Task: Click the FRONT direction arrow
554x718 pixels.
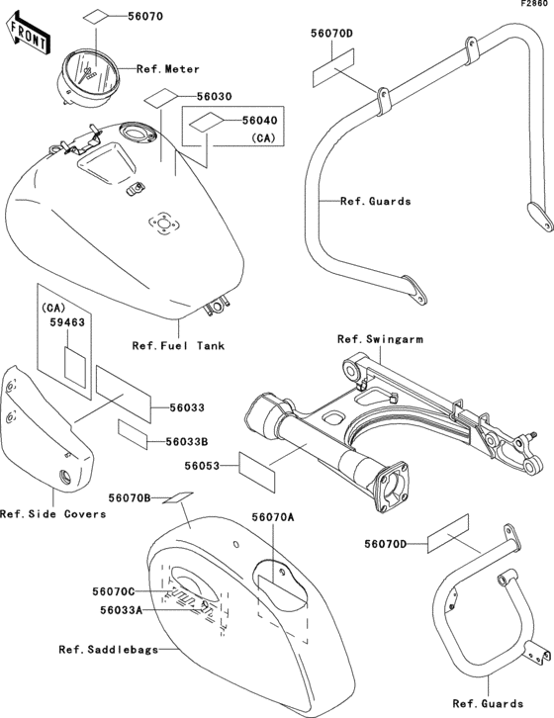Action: coord(29,35)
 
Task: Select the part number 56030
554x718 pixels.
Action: coord(215,97)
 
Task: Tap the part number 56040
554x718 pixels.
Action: coord(260,121)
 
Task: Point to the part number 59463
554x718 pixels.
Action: coord(67,322)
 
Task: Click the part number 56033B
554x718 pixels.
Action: coord(187,442)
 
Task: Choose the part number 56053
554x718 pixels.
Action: coord(202,466)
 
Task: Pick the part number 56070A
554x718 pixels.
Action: coord(273,517)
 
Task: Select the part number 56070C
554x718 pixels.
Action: coord(114,591)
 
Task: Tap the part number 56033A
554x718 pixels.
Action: coord(122,610)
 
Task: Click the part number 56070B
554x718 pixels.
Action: coord(130,497)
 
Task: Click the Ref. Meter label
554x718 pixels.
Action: coord(168,69)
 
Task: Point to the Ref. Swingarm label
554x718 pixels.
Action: coord(380,339)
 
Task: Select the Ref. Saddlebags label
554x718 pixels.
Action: coord(109,650)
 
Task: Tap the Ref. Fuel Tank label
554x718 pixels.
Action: coord(178,346)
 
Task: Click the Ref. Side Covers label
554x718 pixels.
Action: coord(53,514)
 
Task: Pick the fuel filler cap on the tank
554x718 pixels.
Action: coord(137,135)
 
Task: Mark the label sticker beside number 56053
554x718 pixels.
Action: coord(257,472)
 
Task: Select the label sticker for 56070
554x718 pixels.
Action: coord(96,17)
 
